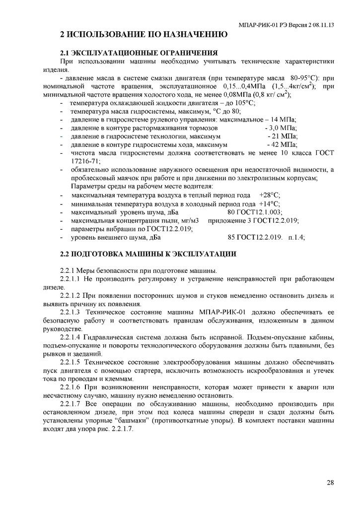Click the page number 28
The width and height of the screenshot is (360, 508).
point(330,482)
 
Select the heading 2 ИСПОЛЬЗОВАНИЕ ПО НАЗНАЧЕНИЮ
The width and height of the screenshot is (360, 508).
point(144,35)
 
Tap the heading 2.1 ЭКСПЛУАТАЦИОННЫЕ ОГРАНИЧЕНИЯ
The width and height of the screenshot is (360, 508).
point(139,53)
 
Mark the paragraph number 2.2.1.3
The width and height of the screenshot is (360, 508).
point(70,313)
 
